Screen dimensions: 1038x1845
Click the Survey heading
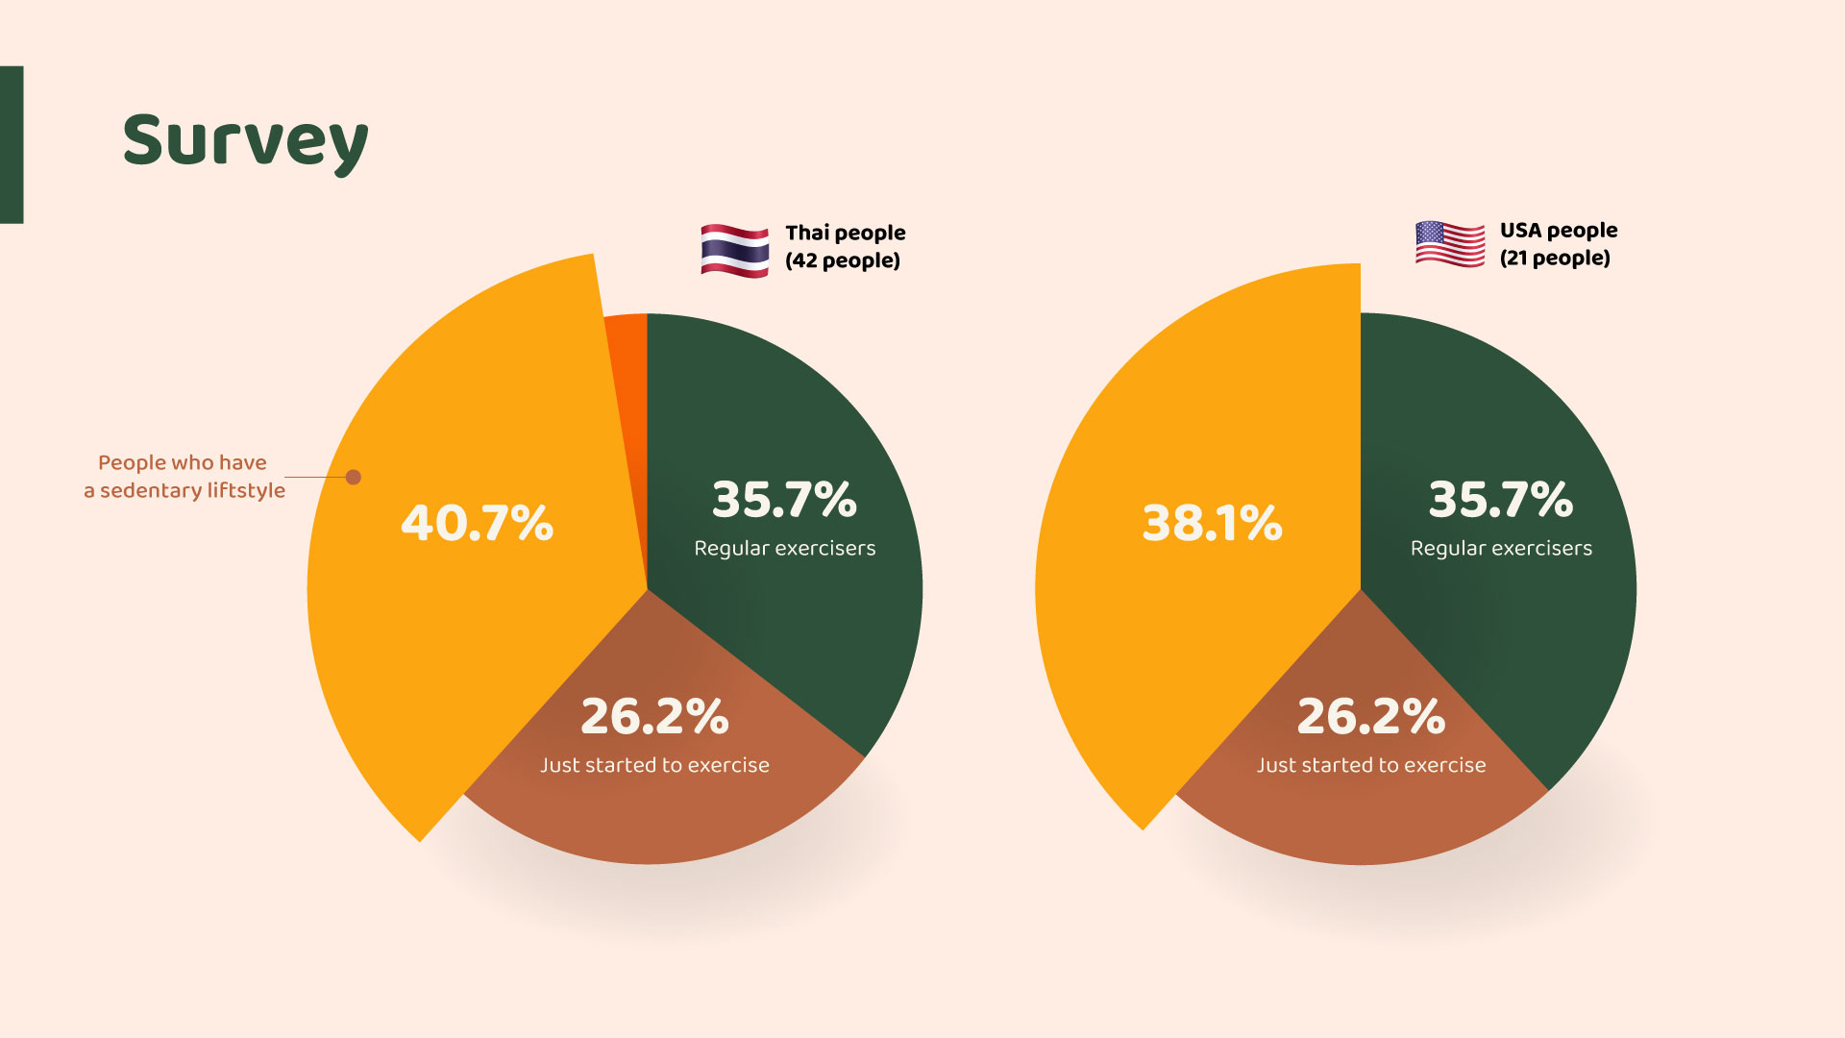pos(245,141)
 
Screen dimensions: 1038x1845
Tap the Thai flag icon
pos(734,250)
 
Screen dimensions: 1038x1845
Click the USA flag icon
pos(1449,244)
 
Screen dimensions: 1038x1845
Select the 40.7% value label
pos(477,523)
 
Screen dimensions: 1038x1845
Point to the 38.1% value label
pos(1212,523)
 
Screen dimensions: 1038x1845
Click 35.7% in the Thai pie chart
pos(784,500)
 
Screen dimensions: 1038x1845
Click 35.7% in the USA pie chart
pos(1500,500)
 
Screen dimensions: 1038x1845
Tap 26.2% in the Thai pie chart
pos(654,716)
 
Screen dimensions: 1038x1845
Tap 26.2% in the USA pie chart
pos(1370,716)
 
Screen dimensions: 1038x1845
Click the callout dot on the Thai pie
pos(354,477)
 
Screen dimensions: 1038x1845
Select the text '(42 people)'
pos(843,260)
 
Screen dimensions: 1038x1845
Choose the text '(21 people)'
pos(1555,258)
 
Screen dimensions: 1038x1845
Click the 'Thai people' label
pos(845,233)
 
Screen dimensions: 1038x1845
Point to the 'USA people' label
pos(1558,231)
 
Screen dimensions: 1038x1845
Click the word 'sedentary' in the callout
pos(151,490)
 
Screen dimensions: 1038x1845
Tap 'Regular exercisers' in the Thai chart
pos(784,548)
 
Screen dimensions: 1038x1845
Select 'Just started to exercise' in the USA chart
pos(1370,765)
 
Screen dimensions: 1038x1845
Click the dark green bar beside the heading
pos(12,144)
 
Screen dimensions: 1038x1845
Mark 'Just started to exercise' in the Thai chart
pos(654,765)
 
